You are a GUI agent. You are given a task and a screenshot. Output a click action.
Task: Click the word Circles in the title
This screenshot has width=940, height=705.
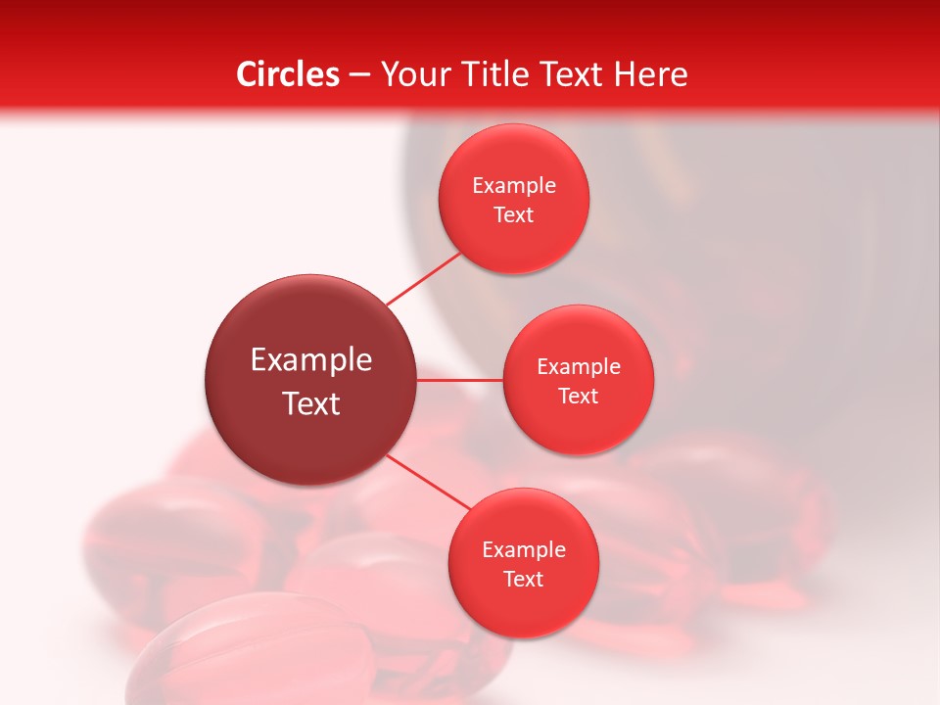287,74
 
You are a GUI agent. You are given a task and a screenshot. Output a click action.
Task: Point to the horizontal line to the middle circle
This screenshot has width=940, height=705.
459,380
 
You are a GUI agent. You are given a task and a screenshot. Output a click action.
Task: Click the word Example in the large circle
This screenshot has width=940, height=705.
311,360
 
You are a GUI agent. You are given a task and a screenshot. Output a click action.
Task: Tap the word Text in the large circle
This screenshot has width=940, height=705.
311,403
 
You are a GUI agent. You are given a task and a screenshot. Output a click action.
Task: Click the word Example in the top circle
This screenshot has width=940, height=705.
514,186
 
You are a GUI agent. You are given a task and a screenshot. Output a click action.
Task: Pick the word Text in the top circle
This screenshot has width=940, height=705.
513,215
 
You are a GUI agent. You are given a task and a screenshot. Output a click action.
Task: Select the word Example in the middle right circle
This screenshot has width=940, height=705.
579,367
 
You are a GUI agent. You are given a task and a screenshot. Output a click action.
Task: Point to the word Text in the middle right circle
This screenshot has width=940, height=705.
578,397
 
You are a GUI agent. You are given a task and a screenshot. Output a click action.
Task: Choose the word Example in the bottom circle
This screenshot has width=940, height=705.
524,550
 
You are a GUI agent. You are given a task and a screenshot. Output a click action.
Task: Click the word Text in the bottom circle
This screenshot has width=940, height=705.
523,580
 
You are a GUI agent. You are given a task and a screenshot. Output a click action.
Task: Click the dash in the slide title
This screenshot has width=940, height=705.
359,75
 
